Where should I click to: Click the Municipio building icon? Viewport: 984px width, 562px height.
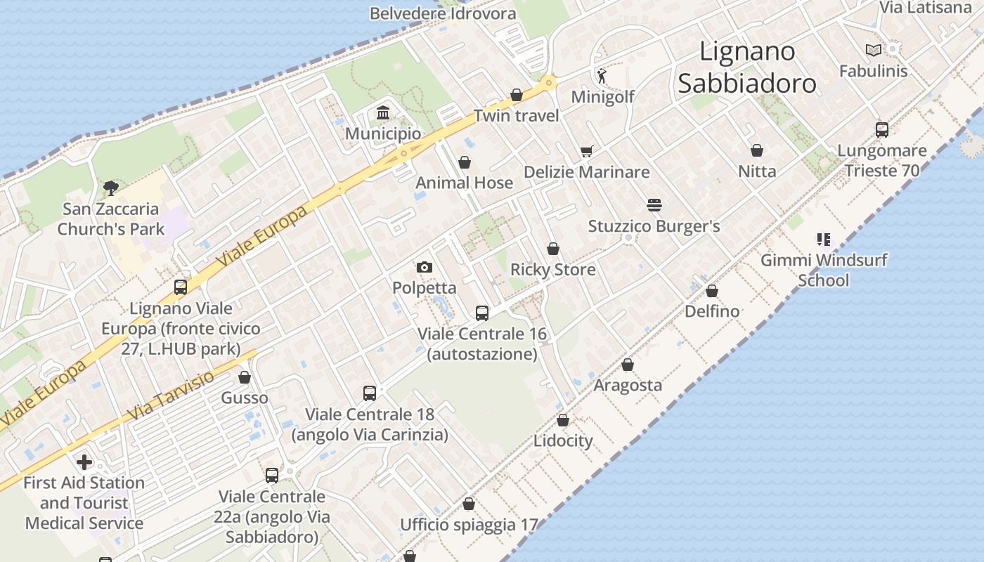tap(383, 112)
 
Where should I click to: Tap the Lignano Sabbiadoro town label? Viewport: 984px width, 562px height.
tap(747, 67)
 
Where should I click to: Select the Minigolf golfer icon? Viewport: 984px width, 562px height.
tap(602, 75)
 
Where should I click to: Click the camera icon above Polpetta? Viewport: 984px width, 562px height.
tap(424, 267)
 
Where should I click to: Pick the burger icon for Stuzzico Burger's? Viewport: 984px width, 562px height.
tap(654, 205)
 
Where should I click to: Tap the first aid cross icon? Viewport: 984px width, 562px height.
tap(84, 462)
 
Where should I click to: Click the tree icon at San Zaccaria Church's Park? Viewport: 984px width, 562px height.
tap(110, 188)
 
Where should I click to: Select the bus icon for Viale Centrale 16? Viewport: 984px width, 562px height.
tap(481, 313)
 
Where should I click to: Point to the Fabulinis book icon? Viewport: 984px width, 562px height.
tap(874, 50)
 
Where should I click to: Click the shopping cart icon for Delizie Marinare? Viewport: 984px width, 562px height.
tap(587, 151)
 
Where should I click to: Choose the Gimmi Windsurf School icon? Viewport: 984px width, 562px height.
tap(824, 240)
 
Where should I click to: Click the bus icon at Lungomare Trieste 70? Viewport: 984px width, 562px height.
tap(882, 130)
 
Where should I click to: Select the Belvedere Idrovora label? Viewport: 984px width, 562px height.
tap(443, 13)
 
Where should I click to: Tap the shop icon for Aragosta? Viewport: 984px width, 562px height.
tap(628, 365)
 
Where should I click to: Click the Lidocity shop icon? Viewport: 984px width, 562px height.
tap(563, 420)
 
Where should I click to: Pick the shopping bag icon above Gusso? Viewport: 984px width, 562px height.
tap(245, 378)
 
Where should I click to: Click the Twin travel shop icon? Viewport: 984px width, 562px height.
tap(517, 95)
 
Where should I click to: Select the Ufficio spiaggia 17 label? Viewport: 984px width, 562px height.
tap(469, 525)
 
